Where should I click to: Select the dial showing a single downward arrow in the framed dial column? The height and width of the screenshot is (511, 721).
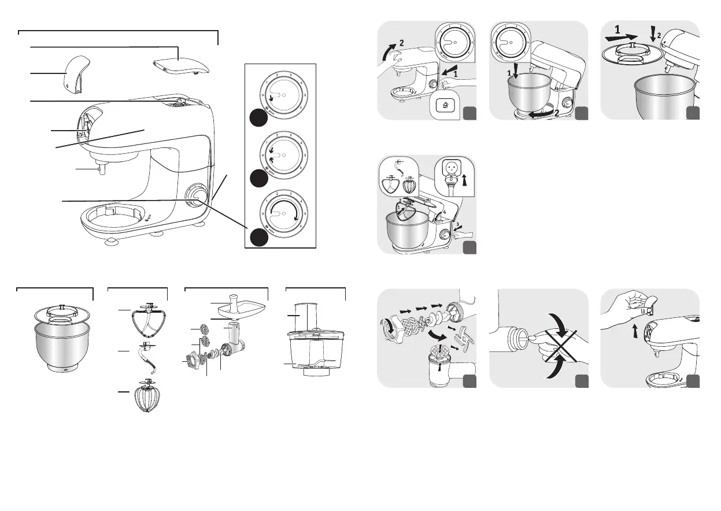point(280,95)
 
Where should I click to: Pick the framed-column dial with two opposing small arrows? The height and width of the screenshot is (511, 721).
point(280,154)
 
